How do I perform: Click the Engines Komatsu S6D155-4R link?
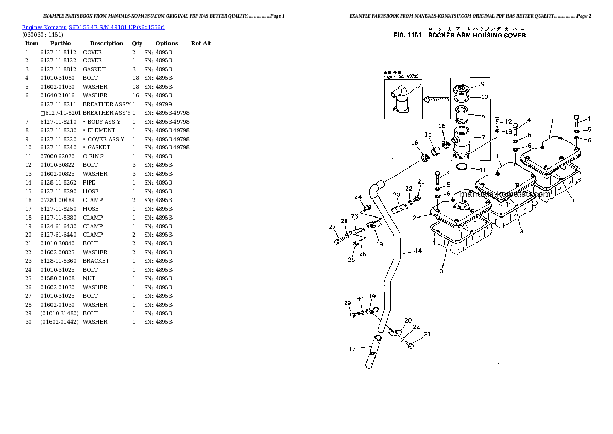click(93, 27)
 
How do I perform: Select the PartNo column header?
click(60, 43)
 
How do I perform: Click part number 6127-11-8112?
click(58, 52)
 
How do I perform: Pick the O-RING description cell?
click(93, 156)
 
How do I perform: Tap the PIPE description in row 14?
click(89, 182)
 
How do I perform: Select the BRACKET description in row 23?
click(96, 261)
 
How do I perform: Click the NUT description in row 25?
click(88, 278)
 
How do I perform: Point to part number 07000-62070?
click(58, 156)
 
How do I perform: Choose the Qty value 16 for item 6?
click(135, 95)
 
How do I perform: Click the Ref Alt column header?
click(201, 43)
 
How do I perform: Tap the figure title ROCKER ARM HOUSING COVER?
click(477, 36)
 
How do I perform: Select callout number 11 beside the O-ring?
click(482, 170)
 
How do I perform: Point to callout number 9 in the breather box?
click(482, 84)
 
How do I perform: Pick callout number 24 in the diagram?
click(357, 197)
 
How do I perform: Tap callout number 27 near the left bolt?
click(332, 227)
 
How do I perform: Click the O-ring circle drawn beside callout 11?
click(462, 168)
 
